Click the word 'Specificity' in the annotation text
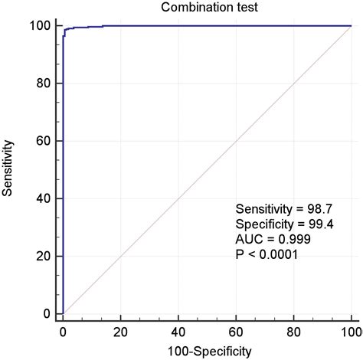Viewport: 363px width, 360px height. pos(259,224)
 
